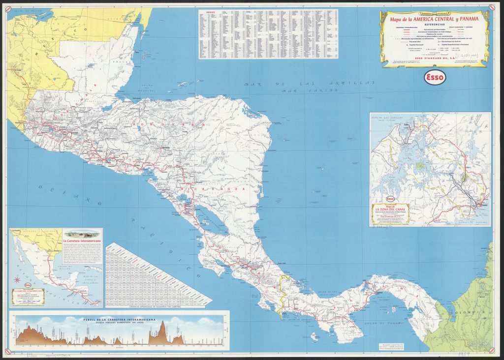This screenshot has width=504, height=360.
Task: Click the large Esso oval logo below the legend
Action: coord(434,78)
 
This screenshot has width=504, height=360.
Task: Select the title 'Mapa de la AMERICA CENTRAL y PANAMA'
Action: coord(434,19)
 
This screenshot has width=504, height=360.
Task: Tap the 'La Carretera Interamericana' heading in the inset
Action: coord(81,240)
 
